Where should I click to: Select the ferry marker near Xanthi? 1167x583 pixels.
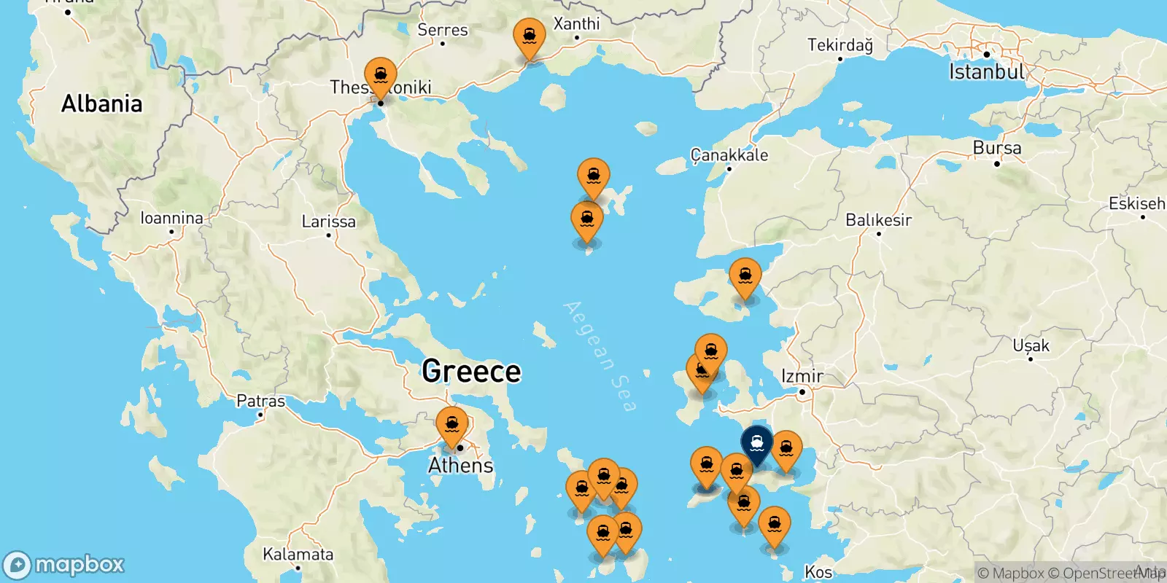tap(529, 37)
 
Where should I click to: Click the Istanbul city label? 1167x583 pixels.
tap(986, 71)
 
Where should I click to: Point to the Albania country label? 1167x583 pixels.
tap(101, 103)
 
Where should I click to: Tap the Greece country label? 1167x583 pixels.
tap(471, 372)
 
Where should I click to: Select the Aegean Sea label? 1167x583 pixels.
tap(600, 356)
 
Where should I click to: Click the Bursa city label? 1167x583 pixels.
tap(996, 148)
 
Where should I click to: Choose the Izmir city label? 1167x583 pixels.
tap(802, 376)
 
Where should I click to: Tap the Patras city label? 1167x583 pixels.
tap(260, 401)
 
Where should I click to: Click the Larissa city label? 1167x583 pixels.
tap(328, 222)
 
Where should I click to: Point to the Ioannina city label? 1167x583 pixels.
tap(171, 218)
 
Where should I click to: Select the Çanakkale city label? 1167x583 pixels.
tap(729, 154)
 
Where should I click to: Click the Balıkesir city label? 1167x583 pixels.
tap(878, 219)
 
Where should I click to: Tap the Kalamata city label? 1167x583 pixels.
tap(298, 554)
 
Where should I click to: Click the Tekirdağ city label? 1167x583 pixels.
tap(840, 45)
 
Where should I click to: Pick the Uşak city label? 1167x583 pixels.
tap(1031, 345)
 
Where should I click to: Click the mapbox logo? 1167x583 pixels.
tap(64, 565)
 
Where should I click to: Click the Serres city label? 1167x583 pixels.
tap(442, 30)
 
